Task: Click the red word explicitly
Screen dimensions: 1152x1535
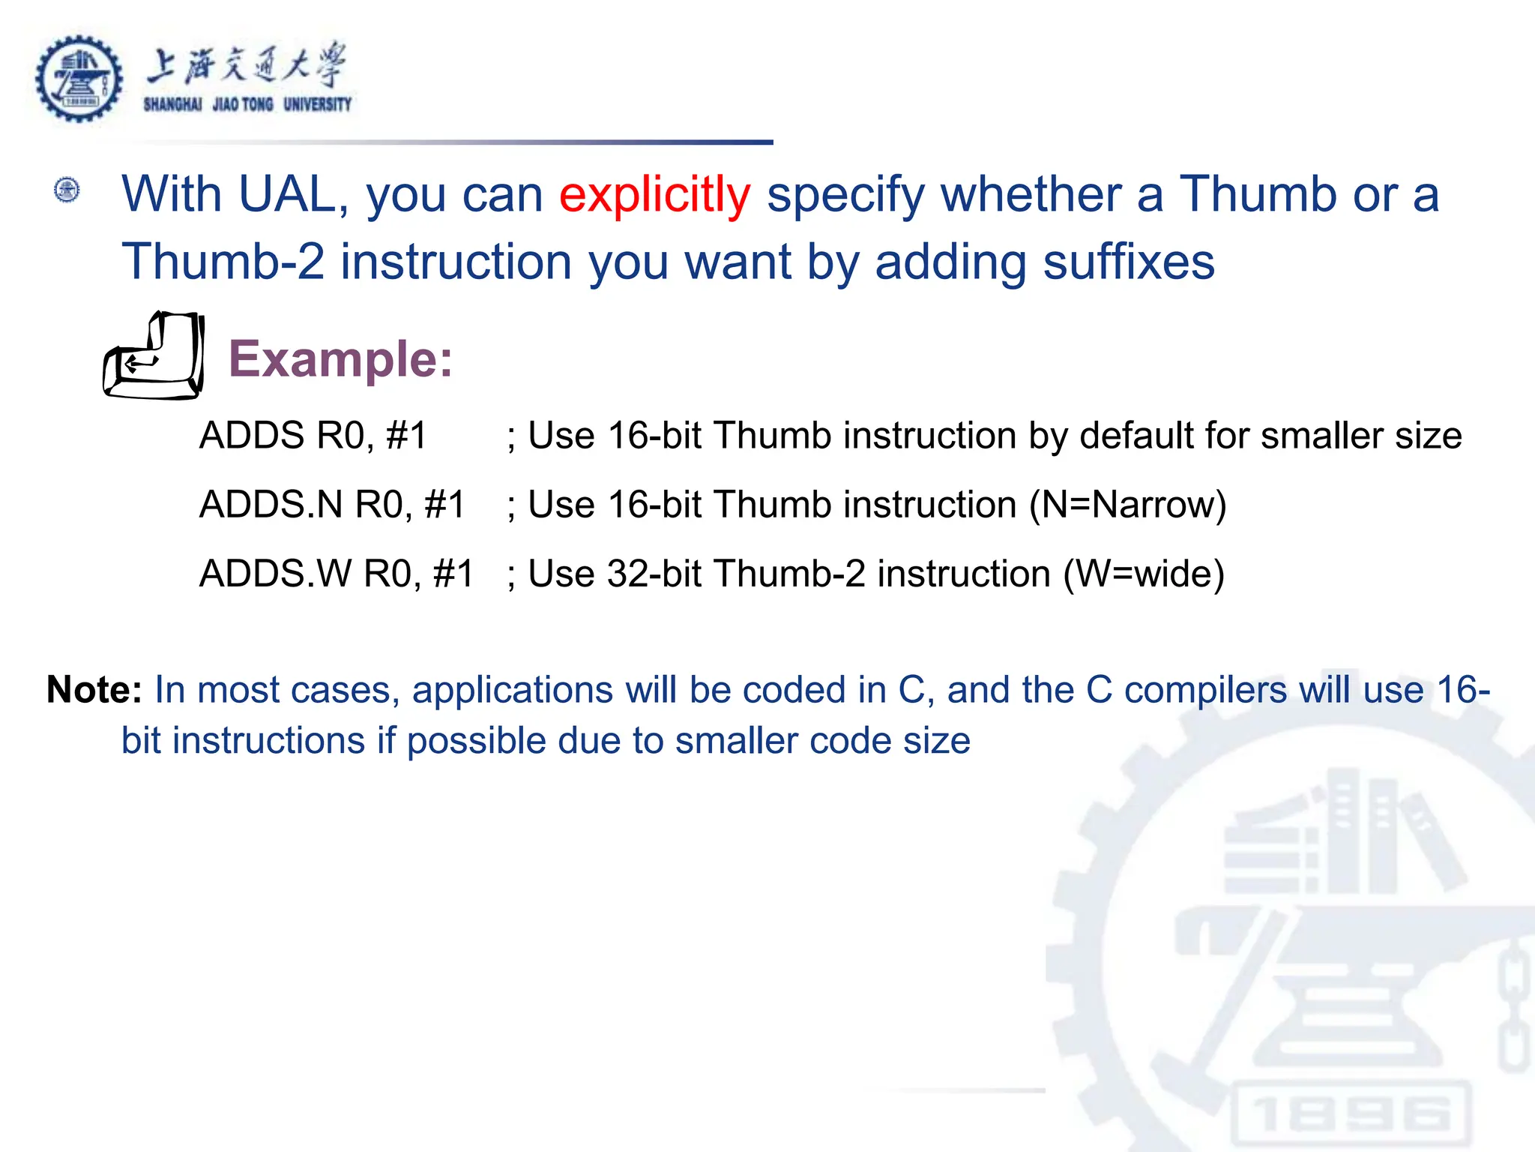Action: (x=654, y=195)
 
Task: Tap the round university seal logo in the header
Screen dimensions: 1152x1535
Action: (x=79, y=79)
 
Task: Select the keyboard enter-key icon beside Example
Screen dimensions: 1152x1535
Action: (x=154, y=355)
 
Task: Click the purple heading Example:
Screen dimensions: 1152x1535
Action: (x=340, y=359)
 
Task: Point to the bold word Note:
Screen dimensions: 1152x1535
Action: (x=94, y=689)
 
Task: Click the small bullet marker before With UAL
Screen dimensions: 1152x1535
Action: (x=67, y=190)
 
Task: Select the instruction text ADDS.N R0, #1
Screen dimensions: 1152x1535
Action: (x=332, y=504)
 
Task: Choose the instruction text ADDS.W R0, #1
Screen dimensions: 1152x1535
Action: (x=337, y=574)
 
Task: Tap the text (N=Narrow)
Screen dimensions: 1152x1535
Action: (x=1127, y=504)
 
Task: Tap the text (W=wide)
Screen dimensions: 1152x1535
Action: (x=1144, y=574)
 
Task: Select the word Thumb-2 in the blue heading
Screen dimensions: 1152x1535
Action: (x=223, y=262)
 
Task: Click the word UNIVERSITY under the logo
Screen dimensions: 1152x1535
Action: (x=317, y=105)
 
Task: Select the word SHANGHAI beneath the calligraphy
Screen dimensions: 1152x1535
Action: (x=172, y=105)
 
